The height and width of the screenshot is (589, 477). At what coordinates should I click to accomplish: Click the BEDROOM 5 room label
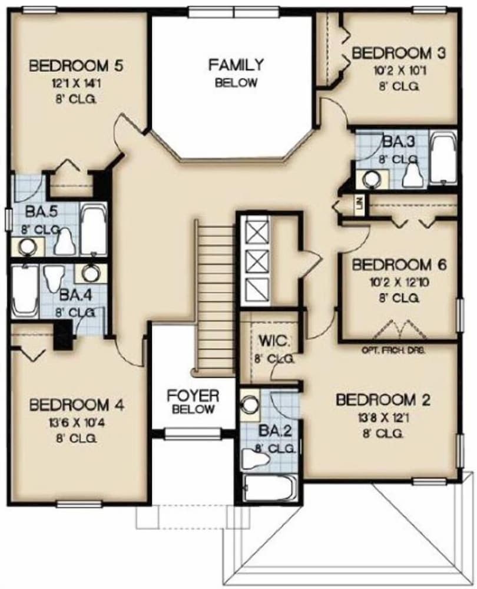point(76,65)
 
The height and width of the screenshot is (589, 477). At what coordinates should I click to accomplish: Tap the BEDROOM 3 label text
point(398,54)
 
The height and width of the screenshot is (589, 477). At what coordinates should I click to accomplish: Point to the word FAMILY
point(236,65)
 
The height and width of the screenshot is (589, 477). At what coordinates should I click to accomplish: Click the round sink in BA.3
point(371,178)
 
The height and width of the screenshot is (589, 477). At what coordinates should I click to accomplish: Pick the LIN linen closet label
point(359,204)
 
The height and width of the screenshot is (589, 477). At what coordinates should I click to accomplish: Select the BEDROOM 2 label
point(383,400)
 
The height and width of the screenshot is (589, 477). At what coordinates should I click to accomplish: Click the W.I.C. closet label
point(272,341)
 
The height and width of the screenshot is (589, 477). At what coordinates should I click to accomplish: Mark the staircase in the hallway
point(215,294)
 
